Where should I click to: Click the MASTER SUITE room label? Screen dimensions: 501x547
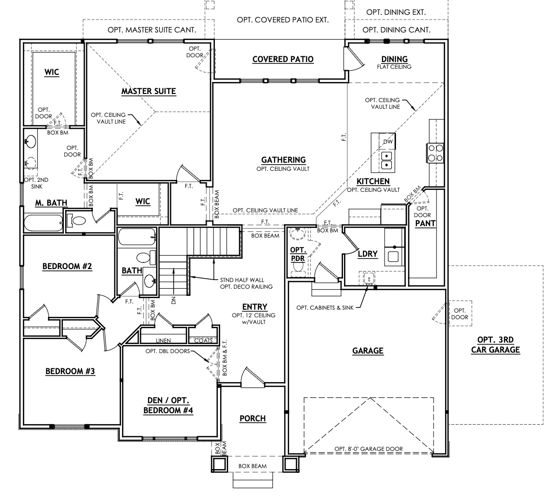[x=149, y=91]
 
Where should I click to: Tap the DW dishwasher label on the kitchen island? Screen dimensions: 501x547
[x=387, y=142]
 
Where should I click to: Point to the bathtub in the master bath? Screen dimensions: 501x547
[x=43, y=222]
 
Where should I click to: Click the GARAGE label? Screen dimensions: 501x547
[x=368, y=351]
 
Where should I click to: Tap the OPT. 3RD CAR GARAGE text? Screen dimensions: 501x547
[x=495, y=345]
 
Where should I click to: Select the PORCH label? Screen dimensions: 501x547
[x=252, y=418]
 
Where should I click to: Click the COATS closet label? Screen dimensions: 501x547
[x=203, y=340]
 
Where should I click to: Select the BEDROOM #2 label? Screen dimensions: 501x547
[x=67, y=266]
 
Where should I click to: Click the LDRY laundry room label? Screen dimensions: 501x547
[x=367, y=254]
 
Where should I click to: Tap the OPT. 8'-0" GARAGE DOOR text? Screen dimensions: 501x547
[x=368, y=449]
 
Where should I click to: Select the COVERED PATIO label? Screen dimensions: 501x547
[x=283, y=59]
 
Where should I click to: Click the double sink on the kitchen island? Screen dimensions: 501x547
[x=386, y=160]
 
